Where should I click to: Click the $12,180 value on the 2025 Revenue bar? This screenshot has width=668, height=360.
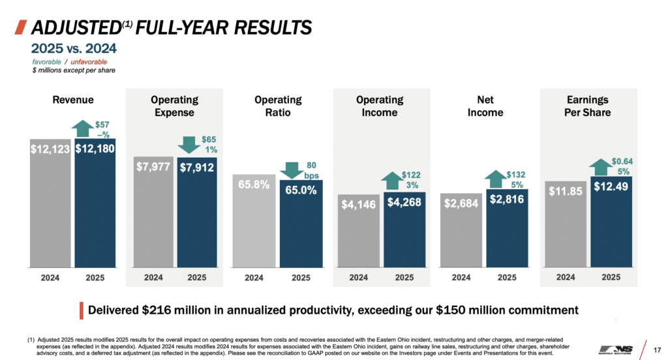point(95,149)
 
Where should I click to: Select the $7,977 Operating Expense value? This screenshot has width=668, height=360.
point(153,166)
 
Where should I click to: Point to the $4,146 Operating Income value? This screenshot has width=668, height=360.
point(358,204)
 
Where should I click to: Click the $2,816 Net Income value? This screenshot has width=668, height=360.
point(507,200)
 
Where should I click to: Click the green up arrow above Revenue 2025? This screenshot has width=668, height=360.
point(83,128)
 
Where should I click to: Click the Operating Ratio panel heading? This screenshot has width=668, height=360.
point(278,106)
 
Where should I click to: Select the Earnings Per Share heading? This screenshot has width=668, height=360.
point(588,106)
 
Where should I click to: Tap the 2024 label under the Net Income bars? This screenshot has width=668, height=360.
point(461,277)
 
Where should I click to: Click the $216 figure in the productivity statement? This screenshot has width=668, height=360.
point(156,310)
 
